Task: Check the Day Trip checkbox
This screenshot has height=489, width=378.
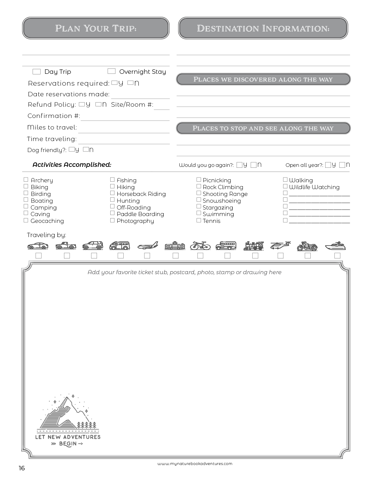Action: tap(36, 72)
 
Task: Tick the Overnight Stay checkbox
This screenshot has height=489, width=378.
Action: tap(111, 71)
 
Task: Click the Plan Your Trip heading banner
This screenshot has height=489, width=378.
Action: tap(96, 28)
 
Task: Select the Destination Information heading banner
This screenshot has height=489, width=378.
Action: tap(263, 28)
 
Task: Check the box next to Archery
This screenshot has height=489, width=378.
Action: tap(26, 180)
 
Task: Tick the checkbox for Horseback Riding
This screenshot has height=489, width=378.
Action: tap(112, 193)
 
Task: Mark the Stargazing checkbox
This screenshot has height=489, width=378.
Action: tap(199, 207)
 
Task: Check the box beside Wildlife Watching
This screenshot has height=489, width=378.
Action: tap(285, 186)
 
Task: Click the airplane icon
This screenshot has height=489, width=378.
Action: tap(148, 246)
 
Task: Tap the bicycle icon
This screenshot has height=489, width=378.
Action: tap(200, 245)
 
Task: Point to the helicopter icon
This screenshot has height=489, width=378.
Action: tap(280, 245)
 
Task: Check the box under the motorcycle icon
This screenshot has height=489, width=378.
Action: tap(308, 255)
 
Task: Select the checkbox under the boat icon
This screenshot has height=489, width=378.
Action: tap(337, 255)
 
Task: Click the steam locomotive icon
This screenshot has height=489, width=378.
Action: tap(254, 245)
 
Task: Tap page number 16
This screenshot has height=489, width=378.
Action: tap(22, 468)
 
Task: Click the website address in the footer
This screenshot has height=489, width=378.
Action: tap(195, 464)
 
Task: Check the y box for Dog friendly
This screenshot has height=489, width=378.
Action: tap(71, 150)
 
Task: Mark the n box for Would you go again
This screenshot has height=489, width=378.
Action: tap(253, 165)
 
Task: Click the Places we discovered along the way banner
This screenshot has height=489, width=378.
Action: tap(263, 79)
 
